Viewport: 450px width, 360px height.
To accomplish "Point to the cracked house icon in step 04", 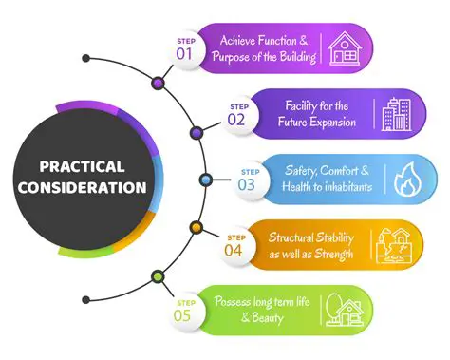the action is tap(393, 244).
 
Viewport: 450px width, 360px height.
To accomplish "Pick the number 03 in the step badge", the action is tap(247, 184).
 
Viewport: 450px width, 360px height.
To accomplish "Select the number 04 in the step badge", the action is tap(234, 250).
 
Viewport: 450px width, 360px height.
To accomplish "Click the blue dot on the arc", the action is tap(204, 180).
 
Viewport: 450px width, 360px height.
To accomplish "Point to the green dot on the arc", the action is tap(158, 275).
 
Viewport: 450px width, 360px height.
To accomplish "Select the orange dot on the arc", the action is tap(195, 228).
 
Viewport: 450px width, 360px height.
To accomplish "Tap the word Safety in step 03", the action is tap(304, 170).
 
